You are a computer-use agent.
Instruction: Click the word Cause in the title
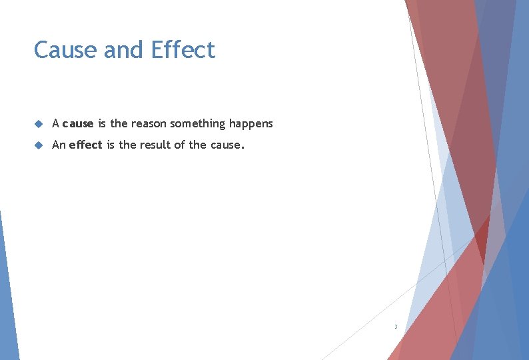(62, 50)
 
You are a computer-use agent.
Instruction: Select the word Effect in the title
(183, 50)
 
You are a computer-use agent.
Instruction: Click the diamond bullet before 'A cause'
(39, 124)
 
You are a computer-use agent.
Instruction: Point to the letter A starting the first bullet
(56, 123)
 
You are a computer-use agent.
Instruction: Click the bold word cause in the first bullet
(78, 124)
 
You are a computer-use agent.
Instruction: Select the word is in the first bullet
(102, 123)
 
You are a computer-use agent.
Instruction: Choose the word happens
(251, 124)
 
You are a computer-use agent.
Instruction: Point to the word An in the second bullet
(59, 145)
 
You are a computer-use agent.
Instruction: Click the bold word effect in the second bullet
(86, 145)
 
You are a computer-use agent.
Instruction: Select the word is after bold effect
(111, 145)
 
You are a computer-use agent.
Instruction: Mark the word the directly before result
(127, 145)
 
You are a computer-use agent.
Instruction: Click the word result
(155, 145)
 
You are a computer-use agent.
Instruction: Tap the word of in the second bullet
(180, 145)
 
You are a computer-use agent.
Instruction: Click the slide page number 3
(396, 327)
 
